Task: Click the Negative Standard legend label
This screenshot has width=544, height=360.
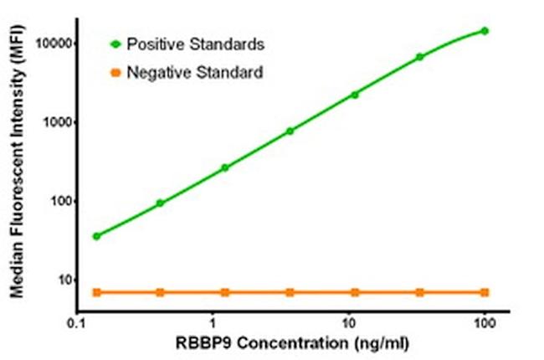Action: tap(195, 72)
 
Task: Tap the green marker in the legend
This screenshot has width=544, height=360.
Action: tap(115, 42)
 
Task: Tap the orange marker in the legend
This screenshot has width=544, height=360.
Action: tap(115, 72)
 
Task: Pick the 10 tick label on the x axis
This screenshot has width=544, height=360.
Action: tap(352, 323)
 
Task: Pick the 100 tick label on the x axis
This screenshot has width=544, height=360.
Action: tap(485, 323)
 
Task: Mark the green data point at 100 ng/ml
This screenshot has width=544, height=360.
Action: tap(485, 31)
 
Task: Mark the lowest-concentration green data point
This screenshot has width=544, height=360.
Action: tap(97, 236)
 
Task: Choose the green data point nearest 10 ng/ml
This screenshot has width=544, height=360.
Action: tap(355, 95)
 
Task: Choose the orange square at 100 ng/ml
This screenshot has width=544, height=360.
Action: tap(485, 292)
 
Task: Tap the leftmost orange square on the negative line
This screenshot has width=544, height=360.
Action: tap(97, 292)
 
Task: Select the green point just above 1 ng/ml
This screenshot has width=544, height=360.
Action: tap(225, 167)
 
